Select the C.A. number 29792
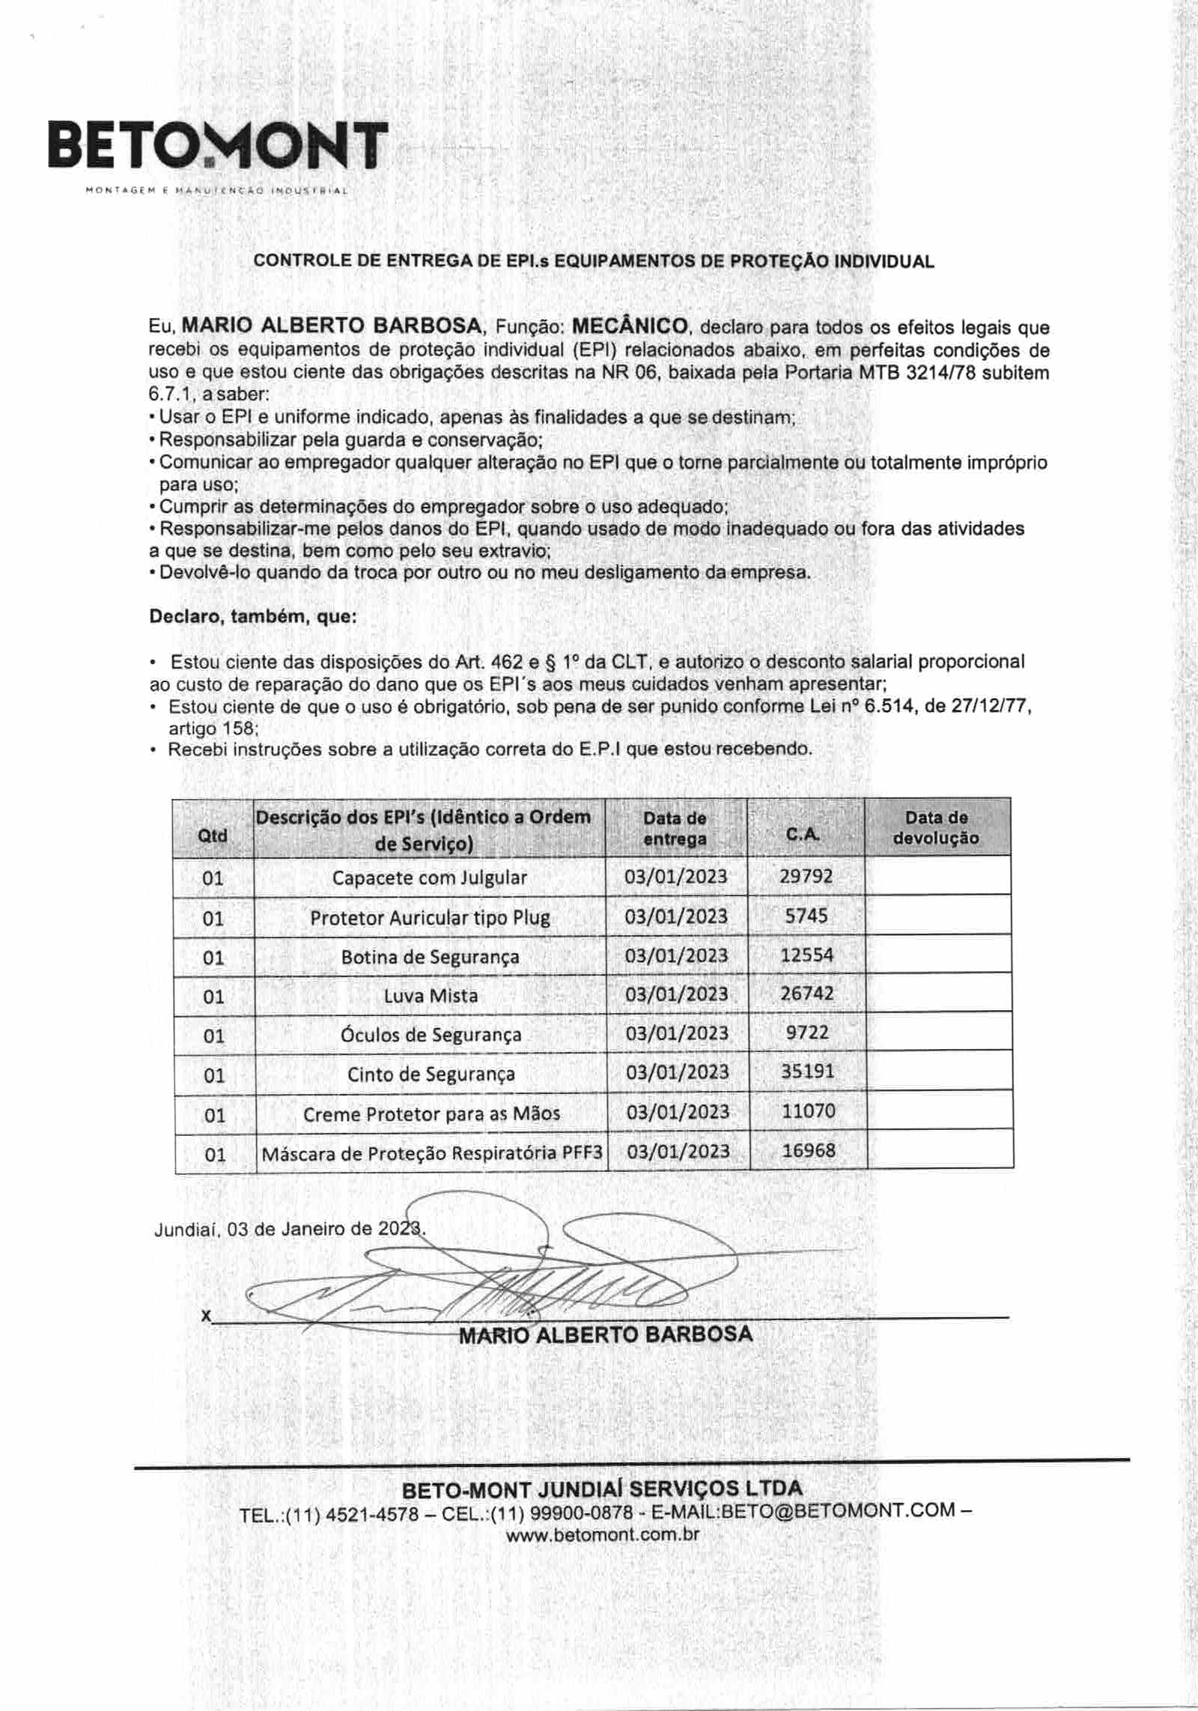click(806, 876)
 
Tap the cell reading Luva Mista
click(431, 995)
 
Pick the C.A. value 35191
click(807, 1072)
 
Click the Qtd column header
click(213, 835)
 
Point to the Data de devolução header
click(936, 827)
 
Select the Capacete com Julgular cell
click(430, 878)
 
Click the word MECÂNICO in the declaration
click(630, 326)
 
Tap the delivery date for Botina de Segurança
click(676, 955)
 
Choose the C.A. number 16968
click(809, 1150)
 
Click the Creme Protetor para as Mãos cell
click(431, 1113)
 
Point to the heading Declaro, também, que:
click(253, 617)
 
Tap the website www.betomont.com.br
click(603, 1534)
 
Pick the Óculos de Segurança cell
click(431, 1035)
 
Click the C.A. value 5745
click(806, 916)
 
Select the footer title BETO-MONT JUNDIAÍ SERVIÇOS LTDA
click(602, 1488)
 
